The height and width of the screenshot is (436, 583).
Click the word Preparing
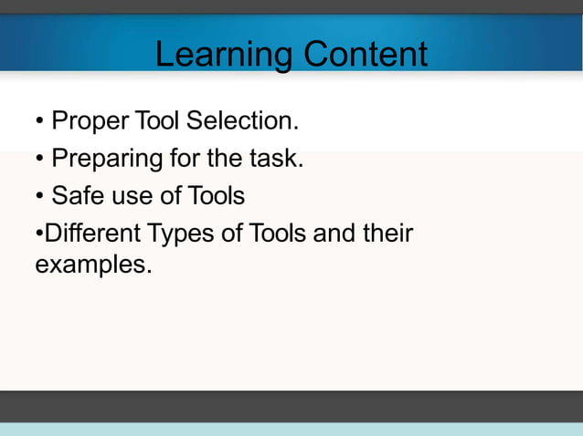(x=107, y=159)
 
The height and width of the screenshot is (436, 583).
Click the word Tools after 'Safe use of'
(x=217, y=196)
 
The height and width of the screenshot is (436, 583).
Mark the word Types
(x=182, y=234)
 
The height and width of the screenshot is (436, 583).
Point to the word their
(x=387, y=234)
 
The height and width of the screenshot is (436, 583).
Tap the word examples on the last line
(x=91, y=265)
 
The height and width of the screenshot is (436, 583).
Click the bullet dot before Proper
(x=39, y=121)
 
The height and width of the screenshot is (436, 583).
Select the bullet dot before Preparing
(x=39, y=160)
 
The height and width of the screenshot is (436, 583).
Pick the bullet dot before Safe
(x=39, y=197)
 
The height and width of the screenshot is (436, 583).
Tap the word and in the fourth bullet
(x=334, y=234)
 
